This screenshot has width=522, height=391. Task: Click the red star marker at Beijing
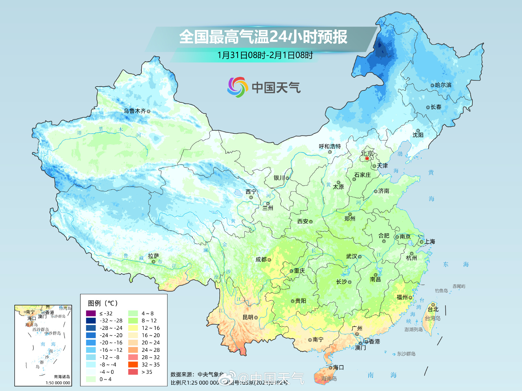[x=367, y=158]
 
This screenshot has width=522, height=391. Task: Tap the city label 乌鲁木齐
[x=135, y=111]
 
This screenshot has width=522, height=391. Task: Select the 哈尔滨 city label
[x=443, y=85]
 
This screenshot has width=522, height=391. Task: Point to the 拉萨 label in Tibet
[x=153, y=256]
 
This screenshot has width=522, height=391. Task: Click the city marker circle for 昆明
[x=256, y=317]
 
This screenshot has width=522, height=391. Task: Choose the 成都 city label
[x=261, y=260]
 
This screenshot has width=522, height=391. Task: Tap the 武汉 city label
[x=351, y=256]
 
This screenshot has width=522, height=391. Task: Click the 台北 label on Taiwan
[x=433, y=309]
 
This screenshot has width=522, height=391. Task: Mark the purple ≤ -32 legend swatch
[x=91, y=313]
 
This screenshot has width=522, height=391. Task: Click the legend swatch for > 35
[x=133, y=372]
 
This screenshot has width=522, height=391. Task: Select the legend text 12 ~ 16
[x=151, y=328]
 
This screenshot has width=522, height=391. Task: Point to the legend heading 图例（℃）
[x=103, y=303]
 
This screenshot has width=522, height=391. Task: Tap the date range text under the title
[x=265, y=55]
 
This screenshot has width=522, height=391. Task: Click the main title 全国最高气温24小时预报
[x=263, y=37]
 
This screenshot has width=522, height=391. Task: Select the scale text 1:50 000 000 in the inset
[x=58, y=383]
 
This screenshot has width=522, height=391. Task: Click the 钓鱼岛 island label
[x=441, y=291]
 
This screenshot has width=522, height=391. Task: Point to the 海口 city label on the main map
[x=338, y=368]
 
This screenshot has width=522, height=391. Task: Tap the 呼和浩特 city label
[x=330, y=146]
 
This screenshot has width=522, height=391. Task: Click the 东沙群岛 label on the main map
[x=406, y=354]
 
